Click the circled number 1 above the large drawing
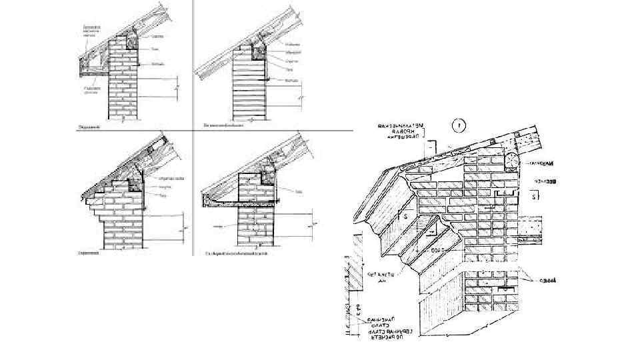[458, 123]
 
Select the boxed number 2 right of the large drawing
[534, 197]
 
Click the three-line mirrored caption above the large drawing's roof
[399, 132]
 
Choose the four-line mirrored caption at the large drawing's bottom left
[387, 328]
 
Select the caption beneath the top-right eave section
[223, 124]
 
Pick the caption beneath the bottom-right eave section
[230, 254]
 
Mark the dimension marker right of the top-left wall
[176, 87]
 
